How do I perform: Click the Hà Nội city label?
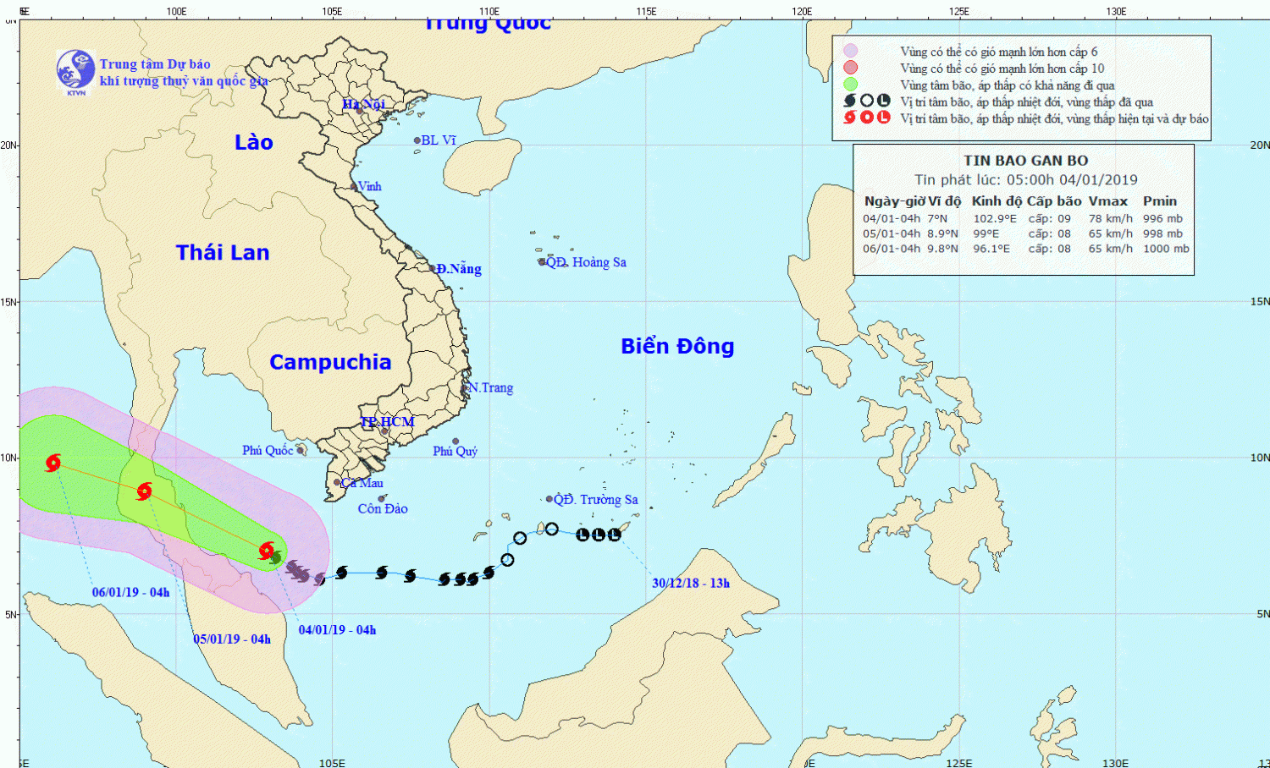pos(364,104)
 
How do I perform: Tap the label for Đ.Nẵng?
pos(459,269)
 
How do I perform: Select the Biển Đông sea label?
pos(677,346)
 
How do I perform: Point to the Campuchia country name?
pos(330,362)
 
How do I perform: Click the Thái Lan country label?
pos(223,252)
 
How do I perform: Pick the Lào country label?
pos(254,142)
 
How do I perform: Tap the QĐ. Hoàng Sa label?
pos(587,262)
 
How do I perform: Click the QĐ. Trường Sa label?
pos(596,500)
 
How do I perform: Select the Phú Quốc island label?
pos(268,450)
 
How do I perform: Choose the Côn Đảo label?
pos(383,508)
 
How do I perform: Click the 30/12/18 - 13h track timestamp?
pos(691,583)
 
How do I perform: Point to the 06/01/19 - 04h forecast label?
pos(130,592)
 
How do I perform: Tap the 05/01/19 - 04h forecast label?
pos(232,639)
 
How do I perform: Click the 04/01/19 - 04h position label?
pos(337,629)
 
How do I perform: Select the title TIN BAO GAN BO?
pos(1025,161)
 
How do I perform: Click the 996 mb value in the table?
pos(1162,218)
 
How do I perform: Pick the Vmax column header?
pos(1107,201)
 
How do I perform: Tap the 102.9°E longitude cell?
pos(995,218)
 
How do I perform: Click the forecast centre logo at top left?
pos(75,70)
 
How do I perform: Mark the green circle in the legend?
pos(850,85)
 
